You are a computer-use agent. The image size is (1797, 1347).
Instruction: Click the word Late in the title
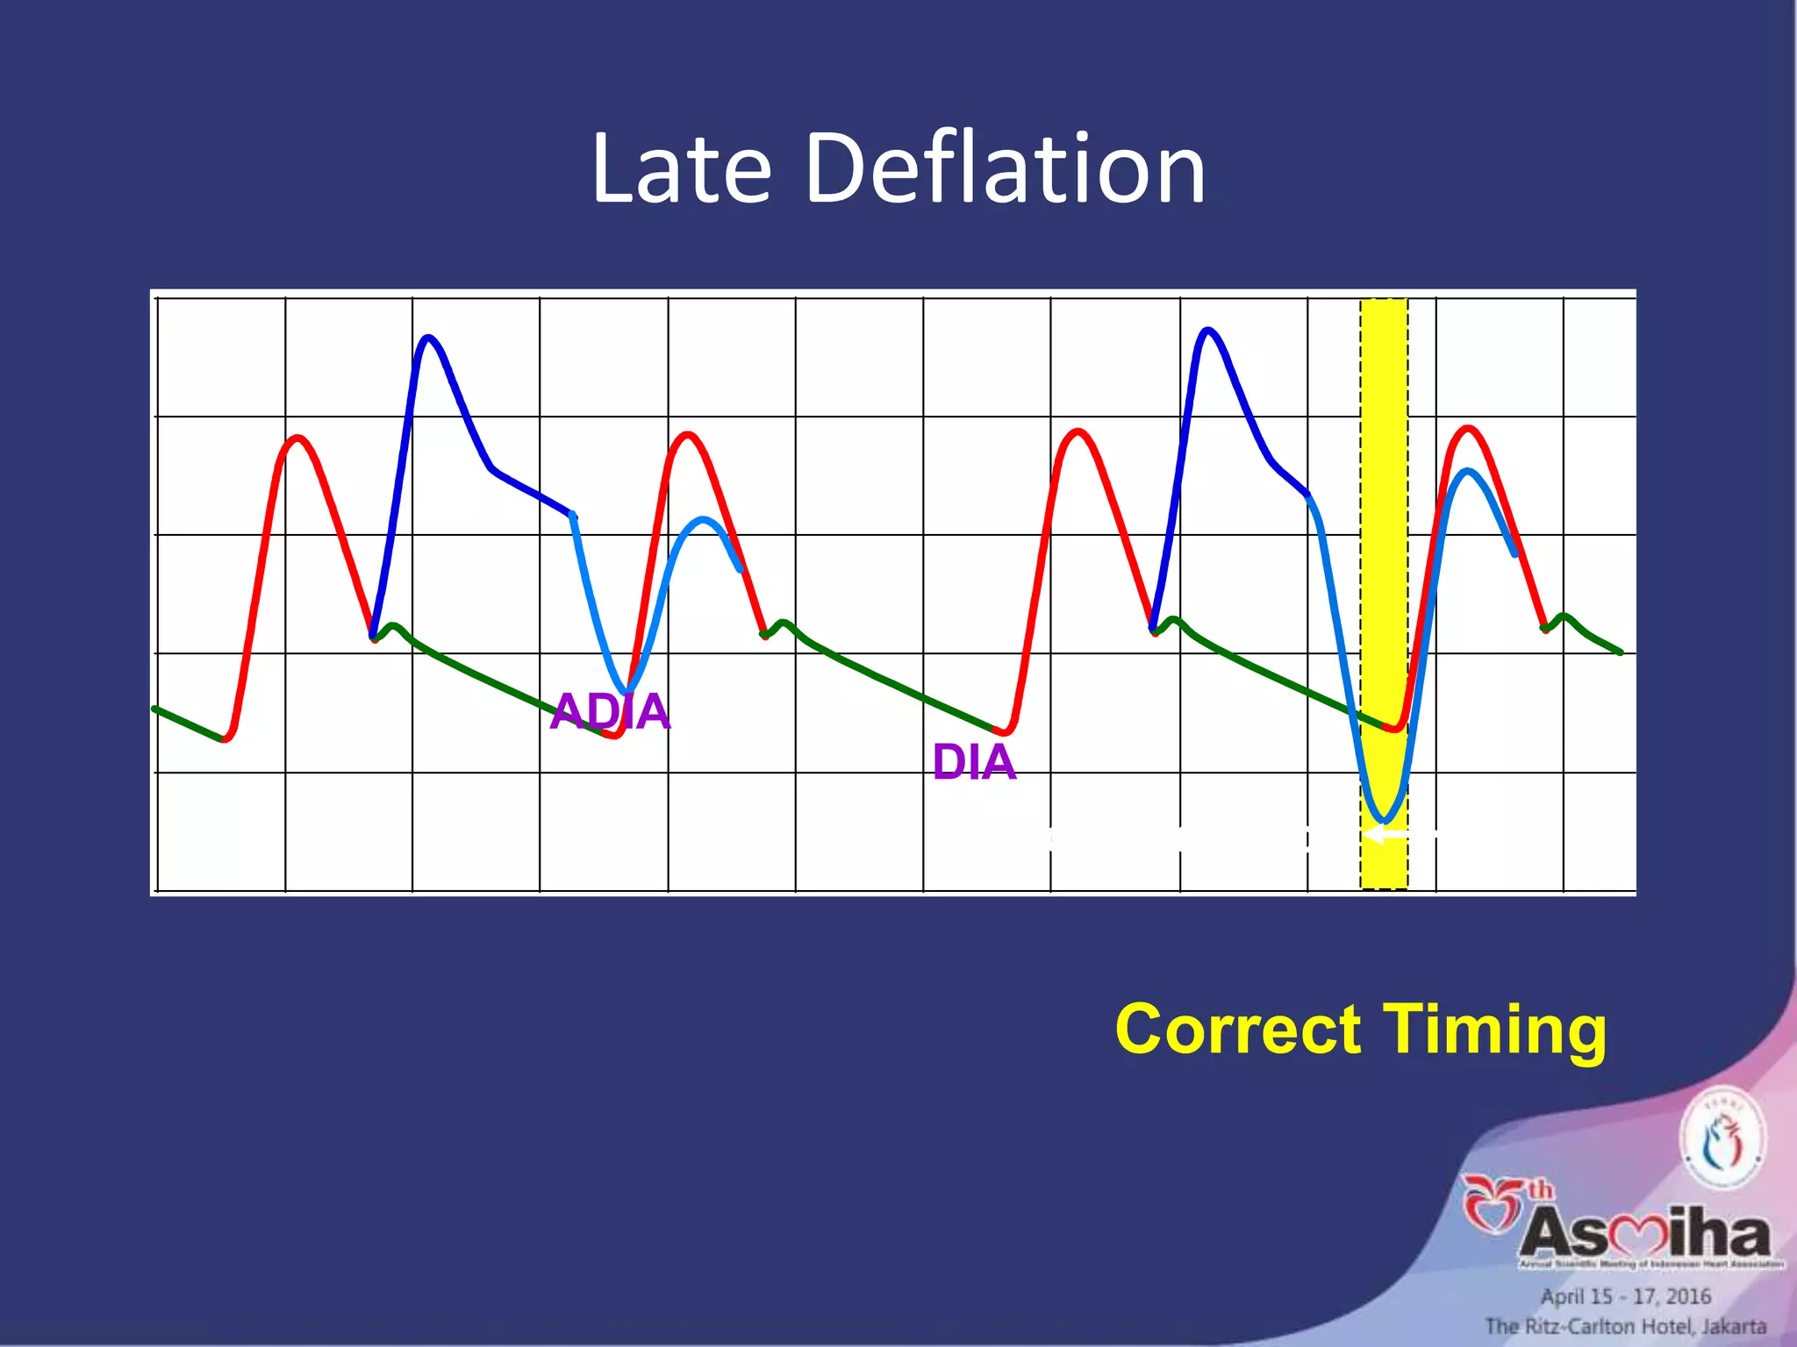click(x=681, y=168)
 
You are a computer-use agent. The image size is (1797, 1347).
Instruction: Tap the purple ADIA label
click(x=611, y=711)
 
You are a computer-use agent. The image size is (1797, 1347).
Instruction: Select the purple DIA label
click(x=974, y=762)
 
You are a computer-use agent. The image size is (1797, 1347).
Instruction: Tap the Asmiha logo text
click(x=1645, y=1235)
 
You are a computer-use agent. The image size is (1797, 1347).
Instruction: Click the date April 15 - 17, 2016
click(x=1626, y=1296)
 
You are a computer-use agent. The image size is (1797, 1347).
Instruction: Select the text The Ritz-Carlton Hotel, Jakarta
click(x=1626, y=1326)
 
